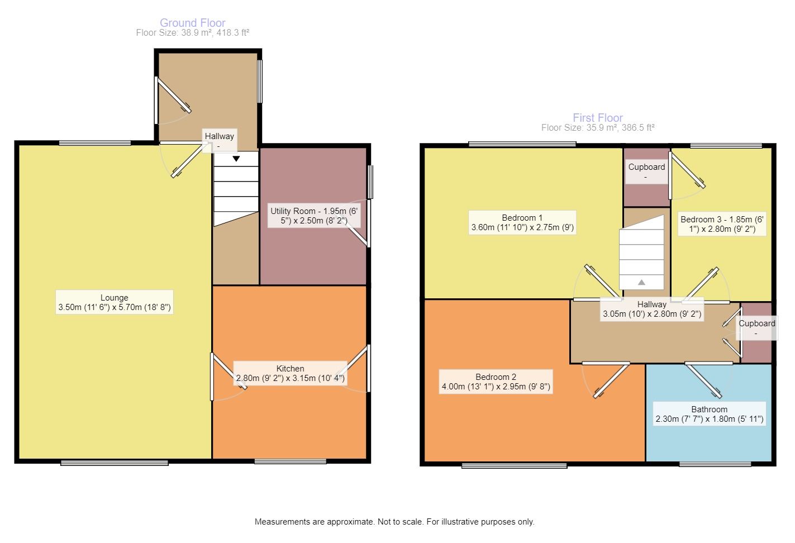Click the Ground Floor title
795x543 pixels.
tap(193, 23)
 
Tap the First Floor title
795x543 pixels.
tap(597, 118)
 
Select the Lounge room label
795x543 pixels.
tap(115, 302)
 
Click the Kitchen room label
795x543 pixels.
tap(291, 373)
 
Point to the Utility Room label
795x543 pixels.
tap(316, 216)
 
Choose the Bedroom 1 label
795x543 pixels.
tap(522, 222)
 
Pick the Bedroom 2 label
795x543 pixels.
tap(496, 382)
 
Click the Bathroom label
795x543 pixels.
tap(709, 414)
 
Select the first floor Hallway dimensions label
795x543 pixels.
tap(652, 309)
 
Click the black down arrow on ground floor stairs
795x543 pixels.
tap(236, 159)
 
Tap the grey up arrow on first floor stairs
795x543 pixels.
tap(641, 282)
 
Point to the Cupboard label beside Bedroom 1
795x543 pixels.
tap(646, 171)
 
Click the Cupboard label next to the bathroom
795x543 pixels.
tap(757, 328)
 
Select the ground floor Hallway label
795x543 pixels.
tap(219, 140)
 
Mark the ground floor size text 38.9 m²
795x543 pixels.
tap(192, 33)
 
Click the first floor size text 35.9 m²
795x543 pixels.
tap(597, 128)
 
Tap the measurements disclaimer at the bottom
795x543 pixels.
tap(394, 522)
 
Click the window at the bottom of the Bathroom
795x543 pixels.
tap(715, 464)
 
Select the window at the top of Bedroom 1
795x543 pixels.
tap(522, 144)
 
